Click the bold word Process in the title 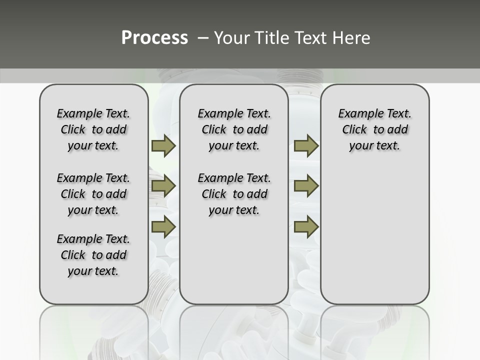[x=154, y=38]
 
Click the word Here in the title [x=352, y=38]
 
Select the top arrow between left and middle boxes [x=163, y=145]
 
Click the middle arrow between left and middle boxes [x=163, y=186]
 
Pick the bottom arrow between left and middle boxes [x=163, y=226]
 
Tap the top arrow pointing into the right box [x=306, y=145]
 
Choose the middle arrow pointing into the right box [x=306, y=186]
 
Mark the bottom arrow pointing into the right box [x=306, y=226]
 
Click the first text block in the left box [x=93, y=129]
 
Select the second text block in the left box [x=93, y=194]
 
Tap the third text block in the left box [x=93, y=255]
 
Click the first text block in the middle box [x=234, y=129]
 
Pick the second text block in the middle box [x=234, y=194]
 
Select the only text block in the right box [x=374, y=129]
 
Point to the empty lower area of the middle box [x=234, y=260]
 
